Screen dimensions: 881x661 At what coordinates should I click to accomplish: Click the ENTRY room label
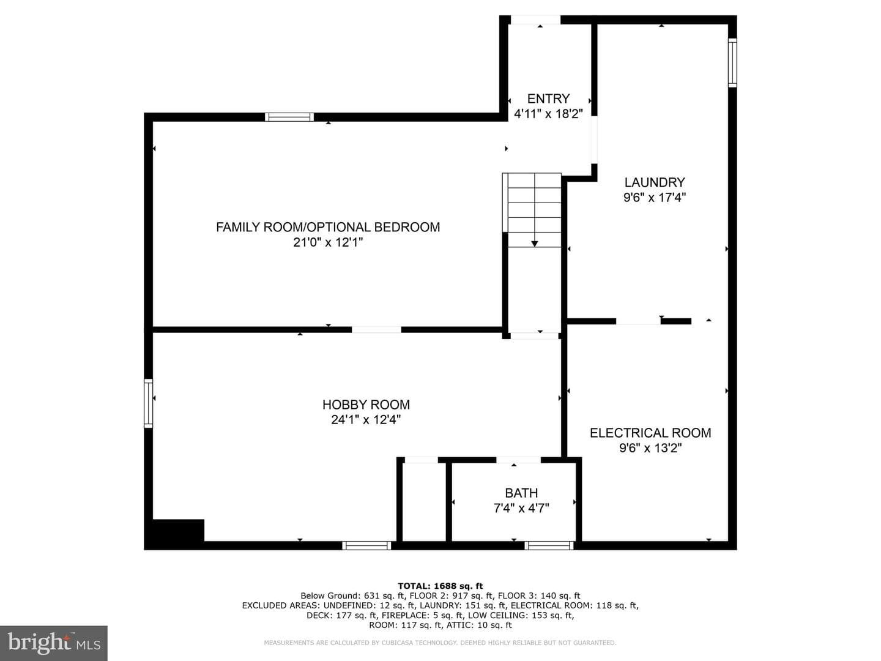point(548,99)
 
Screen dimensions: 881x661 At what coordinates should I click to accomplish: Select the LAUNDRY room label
point(654,182)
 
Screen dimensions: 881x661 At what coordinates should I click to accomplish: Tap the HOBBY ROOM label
point(366,405)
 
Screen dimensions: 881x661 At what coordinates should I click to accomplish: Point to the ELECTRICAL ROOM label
point(650,433)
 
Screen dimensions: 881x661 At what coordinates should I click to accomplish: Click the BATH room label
point(521,493)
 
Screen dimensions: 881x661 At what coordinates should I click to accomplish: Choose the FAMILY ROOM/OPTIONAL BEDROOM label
point(328,227)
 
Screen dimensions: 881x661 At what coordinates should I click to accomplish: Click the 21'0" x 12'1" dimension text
point(328,242)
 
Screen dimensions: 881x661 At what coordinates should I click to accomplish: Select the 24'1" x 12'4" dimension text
point(366,420)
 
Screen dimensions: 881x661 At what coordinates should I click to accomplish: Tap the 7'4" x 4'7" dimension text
point(521,508)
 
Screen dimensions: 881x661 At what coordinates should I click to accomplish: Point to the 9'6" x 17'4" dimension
point(654,198)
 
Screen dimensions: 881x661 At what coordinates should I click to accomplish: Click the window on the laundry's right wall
point(732,62)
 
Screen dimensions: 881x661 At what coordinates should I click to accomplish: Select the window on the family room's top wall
point(289,117)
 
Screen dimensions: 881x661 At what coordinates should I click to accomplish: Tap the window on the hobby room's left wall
point(149,403)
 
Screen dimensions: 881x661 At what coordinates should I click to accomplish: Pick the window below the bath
point(549,545)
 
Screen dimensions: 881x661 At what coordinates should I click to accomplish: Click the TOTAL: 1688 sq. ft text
point(441,586)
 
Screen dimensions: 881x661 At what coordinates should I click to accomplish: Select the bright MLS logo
point(54,643)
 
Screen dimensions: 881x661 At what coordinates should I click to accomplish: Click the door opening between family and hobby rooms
point(376,329)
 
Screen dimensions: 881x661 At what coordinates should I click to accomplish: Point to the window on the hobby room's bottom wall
point(366,545)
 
